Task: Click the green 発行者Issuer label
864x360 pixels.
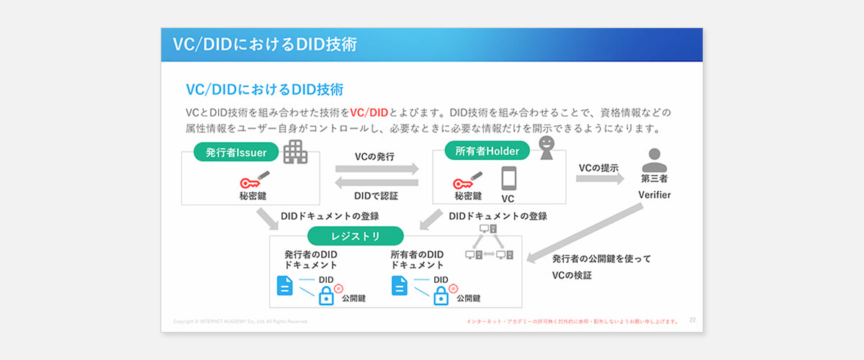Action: [232, 153]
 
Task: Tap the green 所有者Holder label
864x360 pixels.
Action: [482, 150]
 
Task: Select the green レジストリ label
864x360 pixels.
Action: [355, 236]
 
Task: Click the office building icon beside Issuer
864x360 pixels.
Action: [294, 151]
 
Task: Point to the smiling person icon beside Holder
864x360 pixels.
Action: [547, 149]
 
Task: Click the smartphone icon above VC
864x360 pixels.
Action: [509, 179]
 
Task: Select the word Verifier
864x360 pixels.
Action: [654, 195]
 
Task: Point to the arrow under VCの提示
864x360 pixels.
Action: [600, 179]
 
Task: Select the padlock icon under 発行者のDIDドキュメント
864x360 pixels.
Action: [326, 295]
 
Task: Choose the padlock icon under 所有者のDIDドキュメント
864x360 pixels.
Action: [441, 295]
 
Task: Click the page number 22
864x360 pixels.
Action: [693, 319]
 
